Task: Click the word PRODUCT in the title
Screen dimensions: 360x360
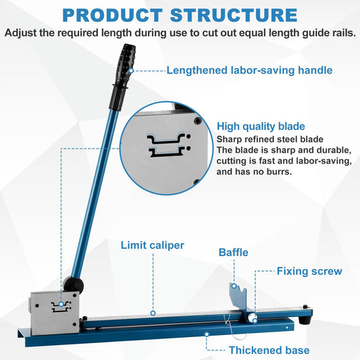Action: coord(113,15)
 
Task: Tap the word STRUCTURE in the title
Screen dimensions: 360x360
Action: coord(234,15)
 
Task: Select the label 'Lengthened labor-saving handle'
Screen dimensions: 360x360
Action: coord(249,70)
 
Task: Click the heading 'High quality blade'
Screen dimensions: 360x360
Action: coord(261,126)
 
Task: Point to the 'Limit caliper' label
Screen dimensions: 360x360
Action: coord(153,245)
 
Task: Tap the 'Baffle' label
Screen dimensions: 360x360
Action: coord(233,253)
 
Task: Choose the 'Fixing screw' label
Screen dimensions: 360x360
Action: coord(309,271)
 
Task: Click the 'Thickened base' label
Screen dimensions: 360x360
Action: coord(269,351)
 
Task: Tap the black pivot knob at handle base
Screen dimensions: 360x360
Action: coord(74,286)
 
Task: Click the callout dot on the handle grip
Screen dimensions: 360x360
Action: coord(131,70)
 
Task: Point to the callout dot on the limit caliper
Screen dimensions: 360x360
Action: coord(153,313)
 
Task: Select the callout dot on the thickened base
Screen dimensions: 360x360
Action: coord(207,334)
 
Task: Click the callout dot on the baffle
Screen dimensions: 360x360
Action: coord(234,286)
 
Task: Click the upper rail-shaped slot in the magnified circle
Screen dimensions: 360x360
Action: coord(166,138)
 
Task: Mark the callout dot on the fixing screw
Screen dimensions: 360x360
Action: coord(255,321)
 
